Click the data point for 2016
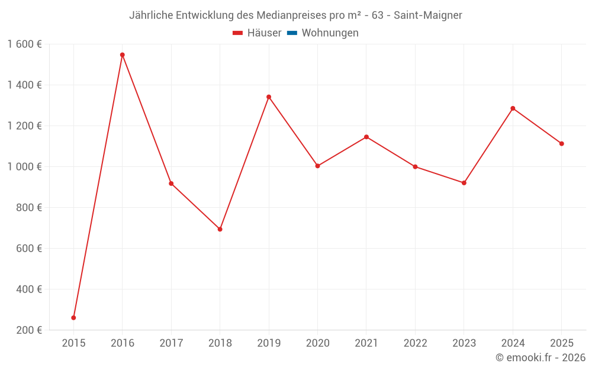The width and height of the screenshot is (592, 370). click(x=123, y=55)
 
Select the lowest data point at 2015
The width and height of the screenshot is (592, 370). click(x=73, y=318)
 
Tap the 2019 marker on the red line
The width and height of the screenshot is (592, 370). click(x=269, y=97)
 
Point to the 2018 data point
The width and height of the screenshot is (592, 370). click(x=220, y=229)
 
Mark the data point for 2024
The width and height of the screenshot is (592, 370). click(x=513, y=108)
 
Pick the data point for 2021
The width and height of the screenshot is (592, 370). click(x=366, y=137)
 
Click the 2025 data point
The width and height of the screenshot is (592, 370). click(x=561, y=144)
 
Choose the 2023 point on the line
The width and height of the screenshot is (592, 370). click(x=464, y=183)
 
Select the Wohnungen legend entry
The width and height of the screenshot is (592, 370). click(x=330, y=33)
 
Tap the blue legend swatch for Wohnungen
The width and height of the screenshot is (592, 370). click(x=292, y=33)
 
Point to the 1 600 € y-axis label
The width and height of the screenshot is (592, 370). click(x=25, y=44)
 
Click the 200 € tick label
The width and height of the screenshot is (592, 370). click(x=29, y=330)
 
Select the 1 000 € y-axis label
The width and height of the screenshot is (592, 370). click(x=25, y=167)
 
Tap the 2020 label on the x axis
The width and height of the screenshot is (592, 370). click(x=318, y=343)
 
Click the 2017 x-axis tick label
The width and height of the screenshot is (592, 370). click(x=171, y=343)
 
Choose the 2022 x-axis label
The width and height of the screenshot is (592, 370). click(x=415, y=343)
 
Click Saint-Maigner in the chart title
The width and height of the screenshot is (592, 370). click(x=428, y=15)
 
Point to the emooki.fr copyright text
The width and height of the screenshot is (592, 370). click(x=540, y=358)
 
